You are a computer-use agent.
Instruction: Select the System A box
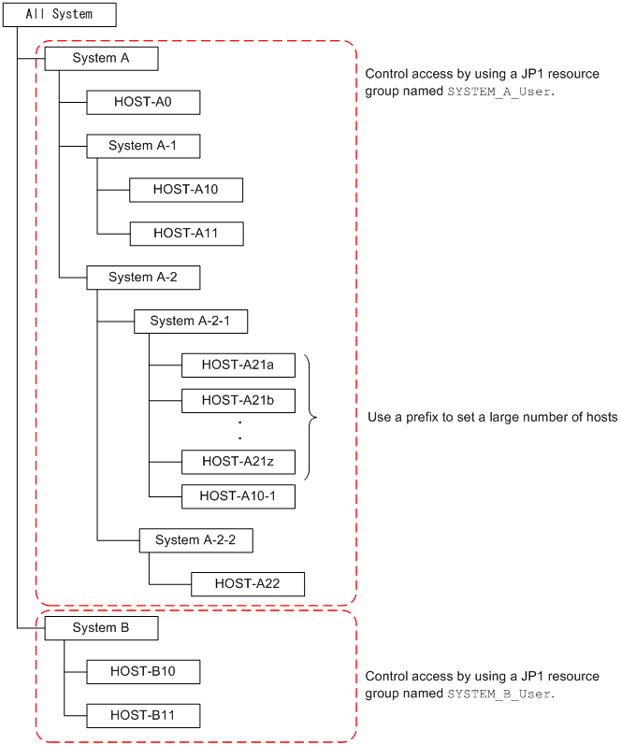101,58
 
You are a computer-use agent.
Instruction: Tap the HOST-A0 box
143,102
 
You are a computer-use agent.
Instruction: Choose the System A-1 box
143,146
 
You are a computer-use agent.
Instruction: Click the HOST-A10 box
186,190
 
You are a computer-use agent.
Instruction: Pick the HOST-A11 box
186,234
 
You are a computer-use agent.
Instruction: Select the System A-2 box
143,278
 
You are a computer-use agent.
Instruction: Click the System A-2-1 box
191,322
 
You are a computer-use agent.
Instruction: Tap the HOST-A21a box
238,365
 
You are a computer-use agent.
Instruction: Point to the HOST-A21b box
238,401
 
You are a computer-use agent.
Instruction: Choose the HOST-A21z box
238,461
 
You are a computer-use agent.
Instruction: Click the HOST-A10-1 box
238,496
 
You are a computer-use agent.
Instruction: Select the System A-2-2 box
196,540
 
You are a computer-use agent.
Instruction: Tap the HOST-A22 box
248,584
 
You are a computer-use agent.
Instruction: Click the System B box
101,628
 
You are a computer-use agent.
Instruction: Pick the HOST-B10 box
143,671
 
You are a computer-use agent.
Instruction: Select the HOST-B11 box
143,717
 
